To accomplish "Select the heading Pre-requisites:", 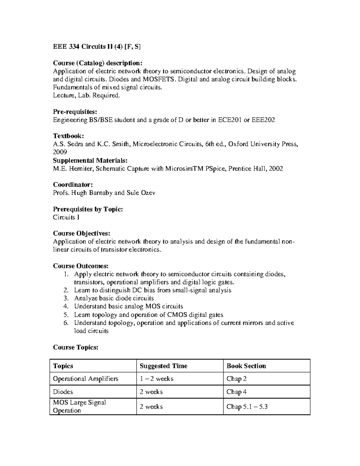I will (x=75, y=112).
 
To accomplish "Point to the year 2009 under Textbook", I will (x=60, y=152).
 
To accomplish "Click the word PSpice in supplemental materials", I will (x=216, y=169).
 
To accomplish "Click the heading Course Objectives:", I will (x=82, y=233).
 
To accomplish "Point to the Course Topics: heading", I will (x=76, y=347).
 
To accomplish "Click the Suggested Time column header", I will (x=163, y=366).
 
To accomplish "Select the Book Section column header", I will (x=246, y=366).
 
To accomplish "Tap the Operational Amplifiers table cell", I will (x=85, y=379).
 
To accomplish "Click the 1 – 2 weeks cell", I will (x=157, y=379).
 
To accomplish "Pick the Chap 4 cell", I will (x=236, y=392).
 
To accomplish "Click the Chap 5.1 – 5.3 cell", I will (x=247, y=407).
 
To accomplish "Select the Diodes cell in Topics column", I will (x=63, y=392).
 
